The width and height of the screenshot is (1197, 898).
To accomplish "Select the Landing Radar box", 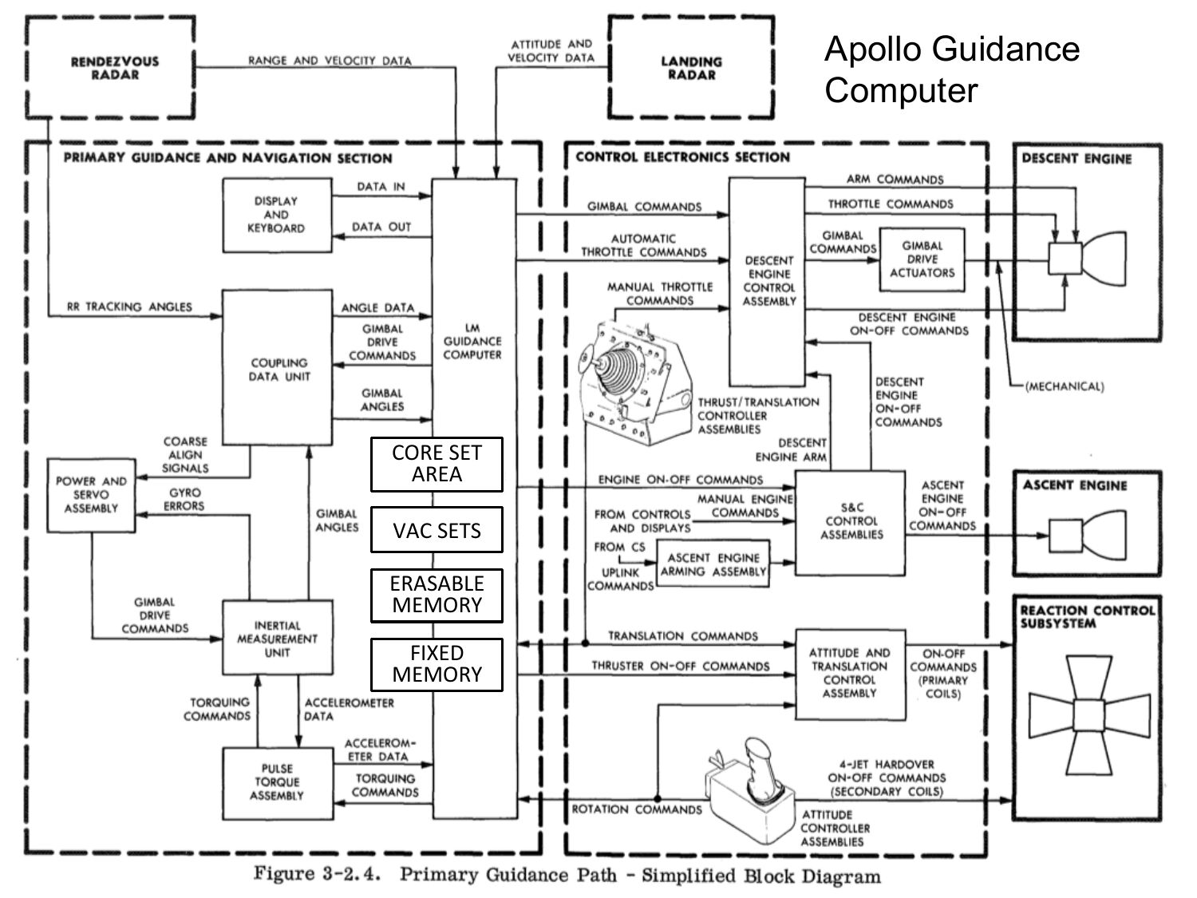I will (691, 69).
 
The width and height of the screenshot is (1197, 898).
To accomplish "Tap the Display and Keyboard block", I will (276, 216).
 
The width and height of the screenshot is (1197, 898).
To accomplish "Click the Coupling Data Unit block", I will (277, 368).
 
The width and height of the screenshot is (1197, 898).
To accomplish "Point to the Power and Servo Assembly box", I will (91, 495).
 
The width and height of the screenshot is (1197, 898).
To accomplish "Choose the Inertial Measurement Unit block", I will (276, 639).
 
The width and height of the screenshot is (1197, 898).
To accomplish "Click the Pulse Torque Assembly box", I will (276, 783).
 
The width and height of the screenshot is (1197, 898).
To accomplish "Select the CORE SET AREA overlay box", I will (437, 464).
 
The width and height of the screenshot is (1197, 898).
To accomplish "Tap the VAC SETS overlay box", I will (437, 530).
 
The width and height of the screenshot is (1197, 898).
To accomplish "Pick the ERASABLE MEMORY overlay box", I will (437, 595).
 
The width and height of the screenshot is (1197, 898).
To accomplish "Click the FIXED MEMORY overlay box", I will (437, 664).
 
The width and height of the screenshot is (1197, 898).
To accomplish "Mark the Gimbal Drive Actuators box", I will (922, 260).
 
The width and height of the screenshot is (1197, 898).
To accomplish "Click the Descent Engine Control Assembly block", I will (768, 281).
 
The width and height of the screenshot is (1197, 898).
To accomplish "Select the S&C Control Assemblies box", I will (851, 521).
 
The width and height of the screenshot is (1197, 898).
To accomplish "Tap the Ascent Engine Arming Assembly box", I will (713, 564).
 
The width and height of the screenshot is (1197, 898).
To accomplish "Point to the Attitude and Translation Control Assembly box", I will (849, 674).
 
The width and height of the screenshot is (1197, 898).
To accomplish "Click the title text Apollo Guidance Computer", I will (951, 69).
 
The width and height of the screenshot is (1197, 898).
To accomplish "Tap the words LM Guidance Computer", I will (472, 342).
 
